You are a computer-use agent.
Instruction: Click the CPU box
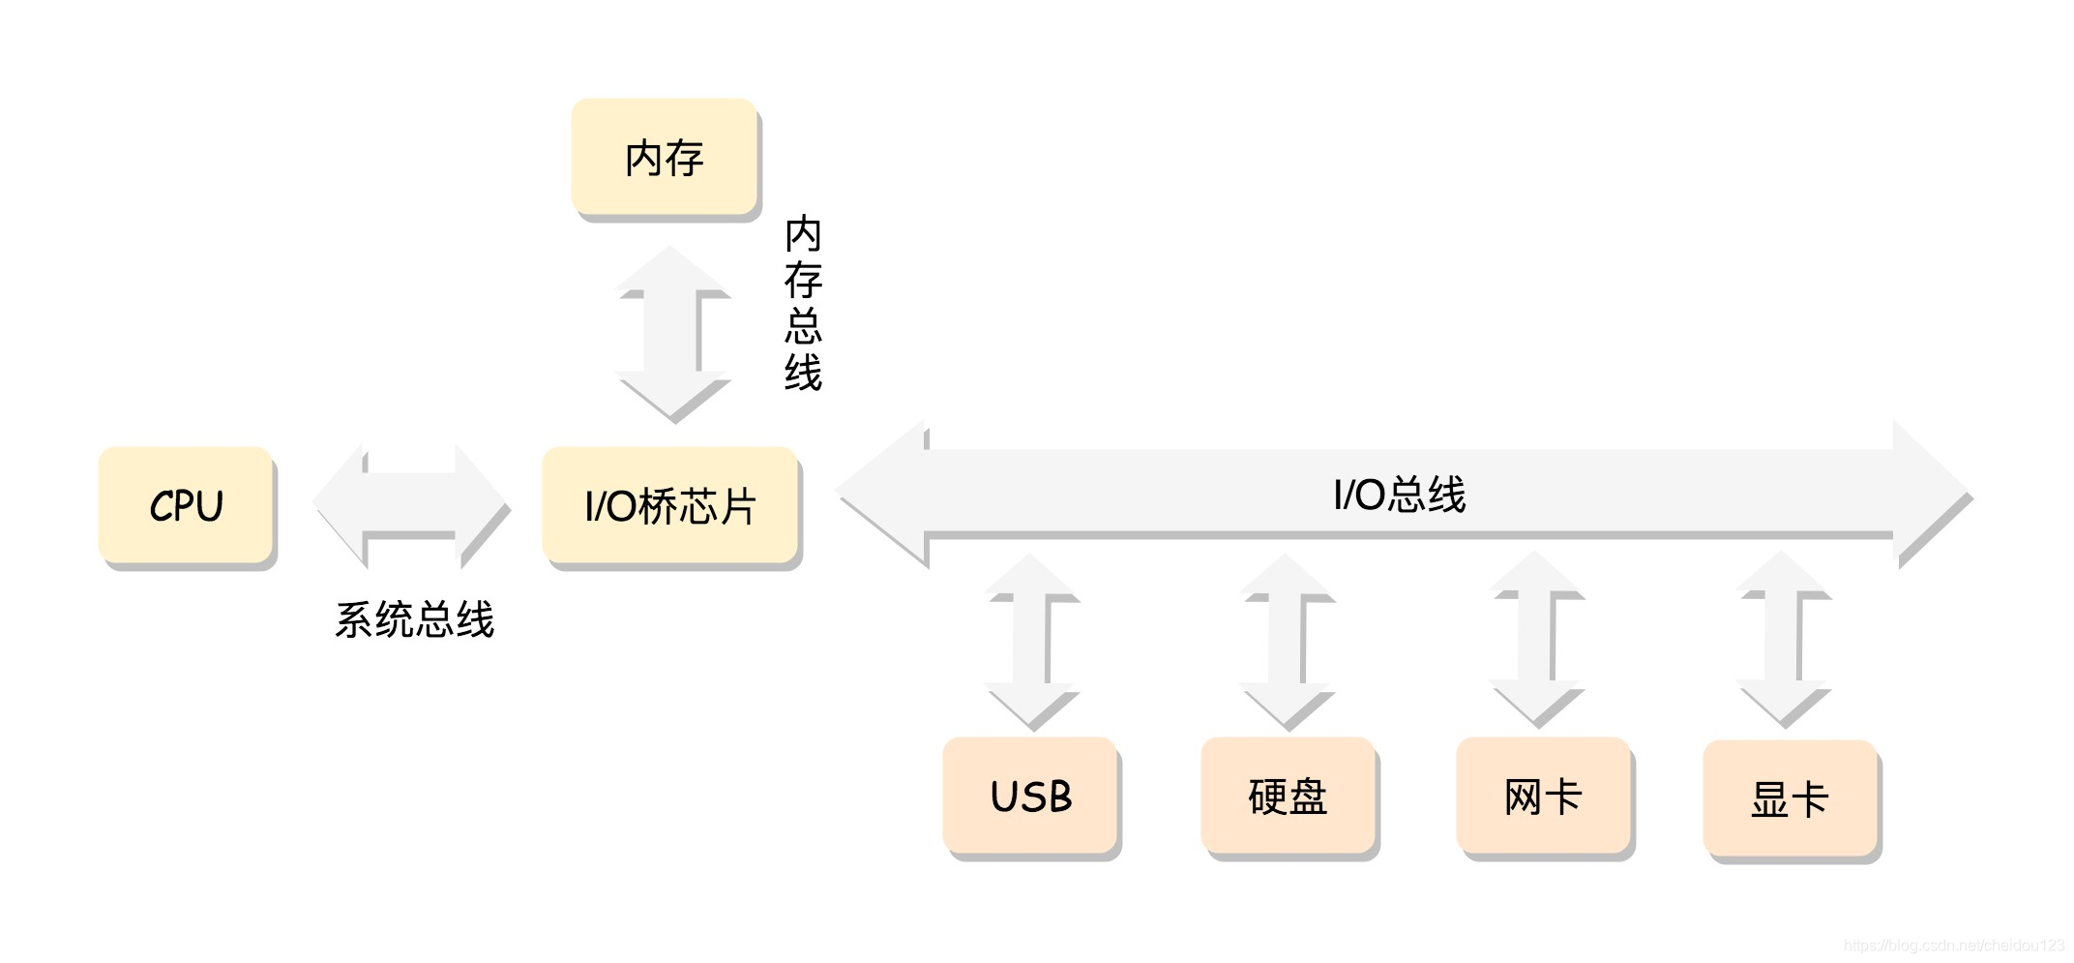[186, 505]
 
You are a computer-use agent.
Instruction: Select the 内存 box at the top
[664, 158]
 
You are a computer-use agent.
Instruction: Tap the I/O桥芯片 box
[670, 505]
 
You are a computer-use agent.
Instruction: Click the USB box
[1031, 797]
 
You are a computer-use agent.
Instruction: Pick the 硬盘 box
[1288, 797]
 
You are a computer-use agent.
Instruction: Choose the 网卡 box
[1543, 797]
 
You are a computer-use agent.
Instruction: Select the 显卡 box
[1790, 799]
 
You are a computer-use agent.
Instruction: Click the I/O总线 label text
[1399, 495]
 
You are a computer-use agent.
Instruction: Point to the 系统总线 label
[414, 619]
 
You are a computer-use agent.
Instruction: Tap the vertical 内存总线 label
[803, 303]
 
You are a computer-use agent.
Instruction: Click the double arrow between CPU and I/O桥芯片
[410, 503]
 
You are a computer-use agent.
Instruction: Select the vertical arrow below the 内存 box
[672, 334]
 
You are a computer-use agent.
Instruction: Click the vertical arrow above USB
[1030, 641]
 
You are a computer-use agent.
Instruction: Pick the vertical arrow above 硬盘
[1287, 641]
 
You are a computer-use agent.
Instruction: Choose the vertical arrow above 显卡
[1782, 639]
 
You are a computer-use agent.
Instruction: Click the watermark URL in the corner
[1953, 946]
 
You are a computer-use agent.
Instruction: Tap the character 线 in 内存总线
[803, 373]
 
